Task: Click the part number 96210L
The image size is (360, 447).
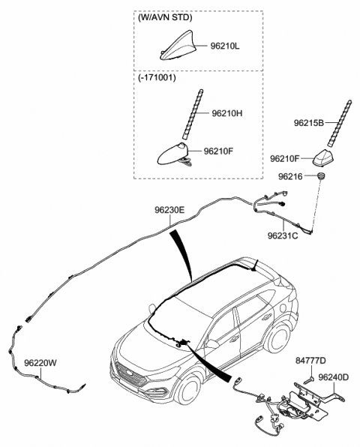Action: pyautogui.click(x=225, y=46)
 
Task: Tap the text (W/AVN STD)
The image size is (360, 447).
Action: pyautogui.click(x=165, y=18)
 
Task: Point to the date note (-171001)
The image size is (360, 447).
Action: pyautogui.click(x=157, y=77)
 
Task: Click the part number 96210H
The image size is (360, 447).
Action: pyautogui.click(x=227, y=113)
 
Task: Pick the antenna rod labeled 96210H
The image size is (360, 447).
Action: pyautogui.click(x=193, y=114)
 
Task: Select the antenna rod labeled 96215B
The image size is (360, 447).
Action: pyautogui.click(x=339, y=124)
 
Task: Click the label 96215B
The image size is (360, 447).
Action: pyautogui.click(x=309, y=123)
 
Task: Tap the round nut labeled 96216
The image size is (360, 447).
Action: pyautogui.click(x=321, y=176)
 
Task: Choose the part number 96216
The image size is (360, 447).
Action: pyautogui.click(x=290, y=177)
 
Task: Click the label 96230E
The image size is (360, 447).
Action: pyautogui.click(x=169, y=210)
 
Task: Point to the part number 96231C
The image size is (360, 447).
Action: pyautogui.click(x=283, y=235)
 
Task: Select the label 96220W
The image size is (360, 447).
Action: pyautogui.click(x=40, y=363)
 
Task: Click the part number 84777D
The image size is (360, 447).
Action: pyautogui.click(x=310, y=361)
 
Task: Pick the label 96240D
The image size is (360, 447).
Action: pyautogui.click(x=334, y=377)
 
